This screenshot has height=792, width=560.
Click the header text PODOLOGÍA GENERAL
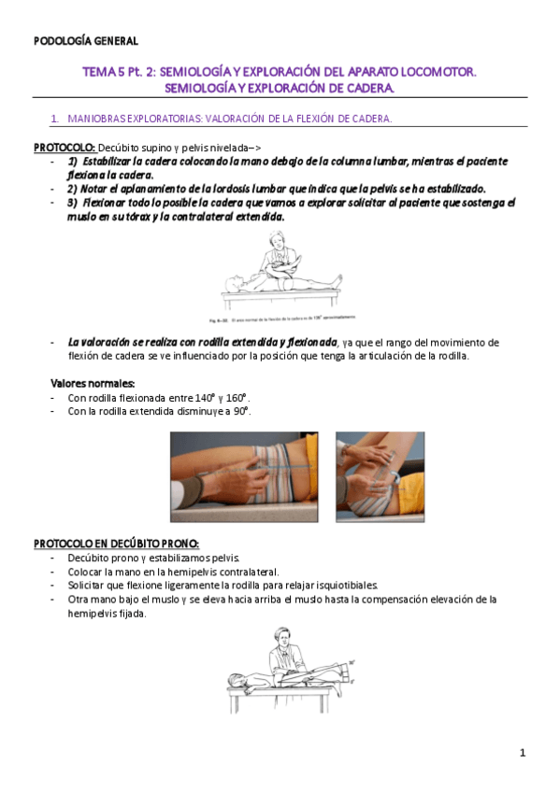(86, 41)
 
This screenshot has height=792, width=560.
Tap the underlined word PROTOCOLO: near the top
(64, 148)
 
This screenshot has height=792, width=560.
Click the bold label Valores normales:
(93, 383)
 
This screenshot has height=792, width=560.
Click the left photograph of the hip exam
(248, 476)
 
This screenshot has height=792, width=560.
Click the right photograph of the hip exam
(380, 476)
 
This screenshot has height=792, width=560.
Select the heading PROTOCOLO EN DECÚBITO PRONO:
(116, 544)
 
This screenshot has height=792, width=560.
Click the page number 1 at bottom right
(524, 753)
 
